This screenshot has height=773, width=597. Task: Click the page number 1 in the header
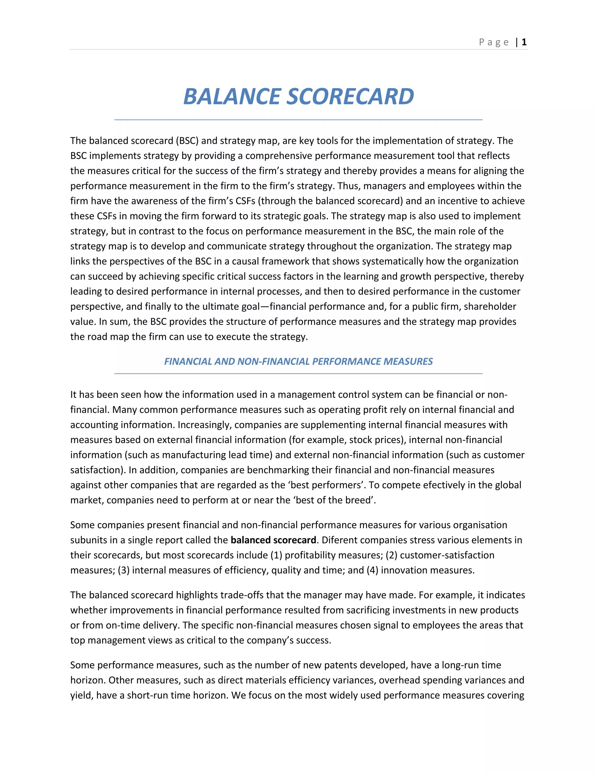pyautogui.click(x=524, y=42)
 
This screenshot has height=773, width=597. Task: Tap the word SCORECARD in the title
pyautogui.click(x=350, y=97)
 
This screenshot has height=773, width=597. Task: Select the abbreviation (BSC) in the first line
pyautogui.click(x=187, y=141)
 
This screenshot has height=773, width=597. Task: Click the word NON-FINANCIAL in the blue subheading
pyautogui.click(x=274, y=361)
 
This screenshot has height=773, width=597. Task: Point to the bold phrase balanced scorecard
pyautogui.click(x=273, y=540)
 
